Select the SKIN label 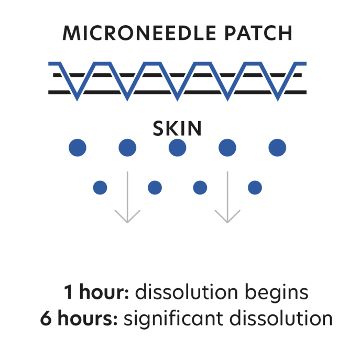(177, 128)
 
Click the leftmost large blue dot (78, 148)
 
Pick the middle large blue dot (177, 148)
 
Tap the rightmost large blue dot (277, 148)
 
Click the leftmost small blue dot (100, 187)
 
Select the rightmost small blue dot (255, 187)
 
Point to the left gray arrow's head (127, 217)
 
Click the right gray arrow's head (227, 217)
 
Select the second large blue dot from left (127, 148)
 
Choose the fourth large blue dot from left (227, 148)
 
